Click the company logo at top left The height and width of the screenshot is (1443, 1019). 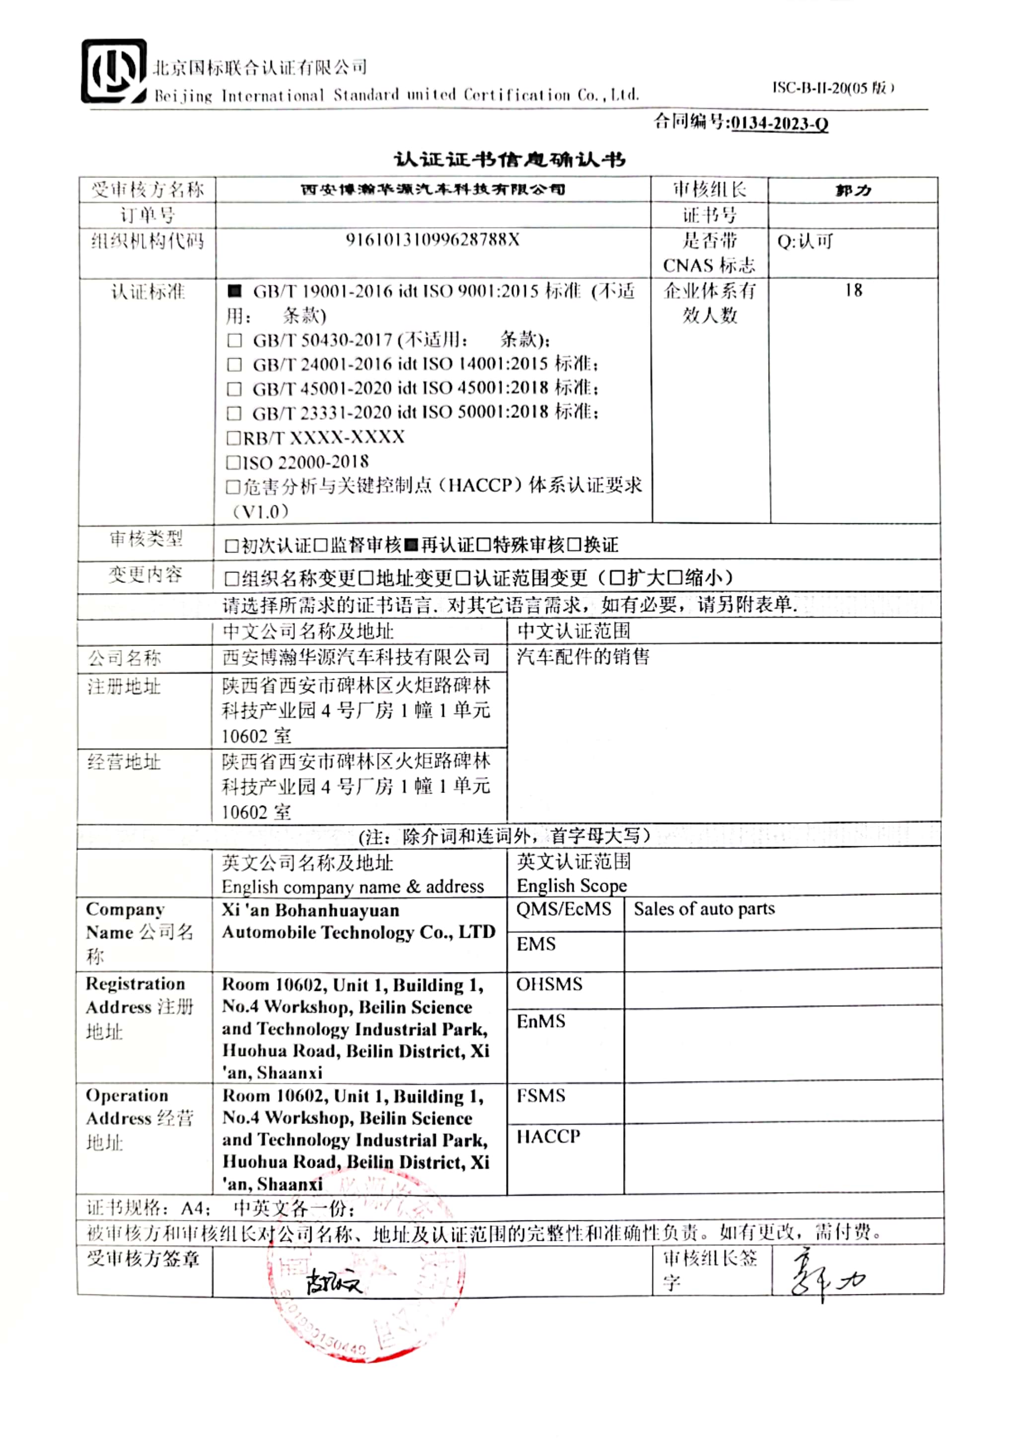click(114, 71)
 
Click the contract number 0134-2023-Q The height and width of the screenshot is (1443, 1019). click(779, 123)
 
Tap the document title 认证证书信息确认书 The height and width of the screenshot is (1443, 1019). click(509, 160)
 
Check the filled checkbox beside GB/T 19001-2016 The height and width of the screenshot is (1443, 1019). click(234, 291)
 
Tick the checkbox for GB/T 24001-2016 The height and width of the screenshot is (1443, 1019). click(234, 365)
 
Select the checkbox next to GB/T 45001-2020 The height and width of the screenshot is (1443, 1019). click(234, 389)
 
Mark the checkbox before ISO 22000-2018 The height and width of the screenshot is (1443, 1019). click(232, 463)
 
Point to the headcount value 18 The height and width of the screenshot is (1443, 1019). click(853, 290)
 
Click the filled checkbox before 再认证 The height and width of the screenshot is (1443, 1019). click(411, 544)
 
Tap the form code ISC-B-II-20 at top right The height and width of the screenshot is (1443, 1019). click(832, 88)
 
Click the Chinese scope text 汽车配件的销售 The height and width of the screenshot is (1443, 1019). click(583, 657)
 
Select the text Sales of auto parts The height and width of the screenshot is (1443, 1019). click(704, 909)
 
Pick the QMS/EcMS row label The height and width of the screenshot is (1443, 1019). click(564, 909)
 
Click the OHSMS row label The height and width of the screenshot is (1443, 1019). click(549, 984)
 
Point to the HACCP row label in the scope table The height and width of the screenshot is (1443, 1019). click(548, 1136)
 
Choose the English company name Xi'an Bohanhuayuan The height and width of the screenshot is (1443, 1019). click(310, 910)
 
